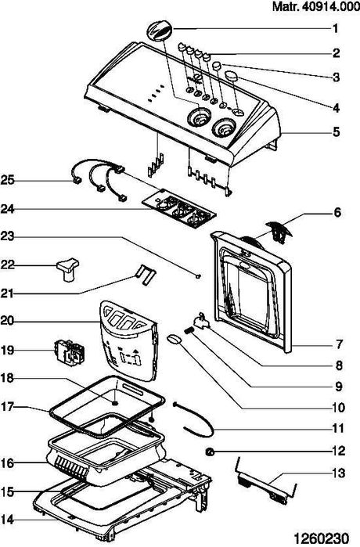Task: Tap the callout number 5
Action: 336,132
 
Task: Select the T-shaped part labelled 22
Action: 67,269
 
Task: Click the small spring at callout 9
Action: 189,331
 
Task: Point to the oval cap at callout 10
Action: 175,340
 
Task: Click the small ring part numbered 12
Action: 210,452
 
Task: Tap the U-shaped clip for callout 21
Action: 145,274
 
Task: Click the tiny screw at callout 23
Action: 199,276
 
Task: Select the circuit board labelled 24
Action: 179,210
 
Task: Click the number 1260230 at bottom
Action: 321,538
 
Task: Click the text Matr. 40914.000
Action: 315,6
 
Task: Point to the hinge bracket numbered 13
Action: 267,482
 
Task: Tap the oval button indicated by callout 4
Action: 232,75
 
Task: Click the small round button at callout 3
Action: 217,65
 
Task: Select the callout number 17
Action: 7,407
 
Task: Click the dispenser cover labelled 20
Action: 129,340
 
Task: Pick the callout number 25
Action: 7,180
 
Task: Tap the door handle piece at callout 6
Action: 279,229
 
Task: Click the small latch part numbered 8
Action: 202,321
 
